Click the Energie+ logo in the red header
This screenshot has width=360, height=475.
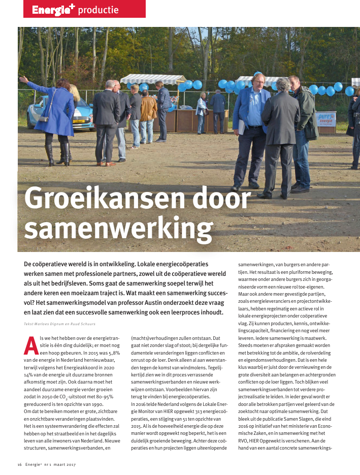click(x=53, y=9)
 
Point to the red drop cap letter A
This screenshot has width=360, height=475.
click(x=31, y=345)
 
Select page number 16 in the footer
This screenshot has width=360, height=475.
click(x=19, y=464)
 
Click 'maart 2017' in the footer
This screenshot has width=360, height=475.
click(x=64, y=464)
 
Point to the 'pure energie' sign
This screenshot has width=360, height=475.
click(x=326, y=119)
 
